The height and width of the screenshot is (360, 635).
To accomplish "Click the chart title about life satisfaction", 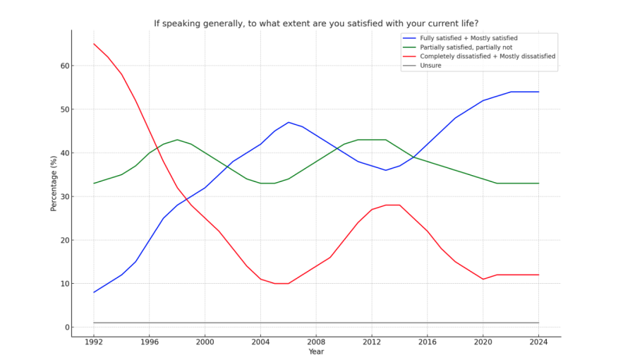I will [x=316, y=23].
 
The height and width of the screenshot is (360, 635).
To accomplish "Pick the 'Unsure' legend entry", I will [x=431, y=65].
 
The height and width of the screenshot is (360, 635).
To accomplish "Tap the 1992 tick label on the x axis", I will [x=94, y=342].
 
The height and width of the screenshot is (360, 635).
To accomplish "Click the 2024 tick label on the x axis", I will [x=539, y=342].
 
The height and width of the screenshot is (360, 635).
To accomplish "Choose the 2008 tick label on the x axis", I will [x=316, y=342].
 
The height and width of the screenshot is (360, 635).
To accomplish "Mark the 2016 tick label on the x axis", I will [x=428, y=342].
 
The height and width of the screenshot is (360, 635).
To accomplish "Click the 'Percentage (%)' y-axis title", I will [x=54, y=184].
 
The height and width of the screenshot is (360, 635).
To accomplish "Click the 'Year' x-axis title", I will [x=316, y=352].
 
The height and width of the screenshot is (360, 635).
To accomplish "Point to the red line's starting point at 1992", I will [x=94, y=44].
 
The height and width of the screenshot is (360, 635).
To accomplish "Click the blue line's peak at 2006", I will [x=289, y=122].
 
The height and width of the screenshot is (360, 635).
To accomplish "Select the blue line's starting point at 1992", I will [x=94, y=292].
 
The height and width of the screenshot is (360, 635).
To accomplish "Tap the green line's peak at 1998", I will [x=177, y=140].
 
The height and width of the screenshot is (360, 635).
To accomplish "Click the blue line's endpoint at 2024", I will [x=539, y=92].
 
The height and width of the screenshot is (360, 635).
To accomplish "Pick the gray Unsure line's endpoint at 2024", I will [x=539, y=323].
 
